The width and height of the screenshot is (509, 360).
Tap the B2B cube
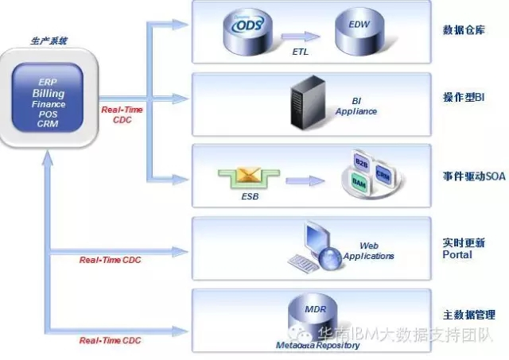coord(361,163)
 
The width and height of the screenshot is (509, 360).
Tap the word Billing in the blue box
coord(49,94)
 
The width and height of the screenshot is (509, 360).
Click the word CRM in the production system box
coord(48,123)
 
